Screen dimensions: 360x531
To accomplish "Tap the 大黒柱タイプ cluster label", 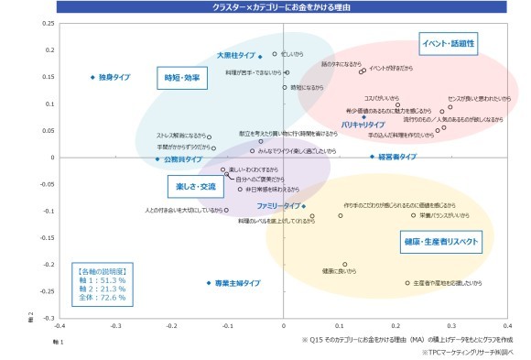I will (235, 56).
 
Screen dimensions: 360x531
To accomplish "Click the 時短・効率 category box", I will (181, 78).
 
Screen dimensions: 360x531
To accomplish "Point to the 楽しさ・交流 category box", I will (195, 187).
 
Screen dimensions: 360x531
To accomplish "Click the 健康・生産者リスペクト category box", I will (440, 242).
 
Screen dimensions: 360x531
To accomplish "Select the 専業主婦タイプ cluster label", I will (237, 284).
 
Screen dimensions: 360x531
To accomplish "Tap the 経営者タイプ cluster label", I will (397, 157).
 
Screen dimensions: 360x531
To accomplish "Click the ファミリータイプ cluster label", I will (278, 205).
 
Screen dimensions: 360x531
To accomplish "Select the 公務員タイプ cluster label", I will (183, 159).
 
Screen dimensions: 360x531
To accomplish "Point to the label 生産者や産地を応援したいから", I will (448, 283).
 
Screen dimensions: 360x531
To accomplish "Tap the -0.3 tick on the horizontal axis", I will (116, 324).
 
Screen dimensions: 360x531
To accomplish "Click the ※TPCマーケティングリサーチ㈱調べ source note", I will (466, 352).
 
